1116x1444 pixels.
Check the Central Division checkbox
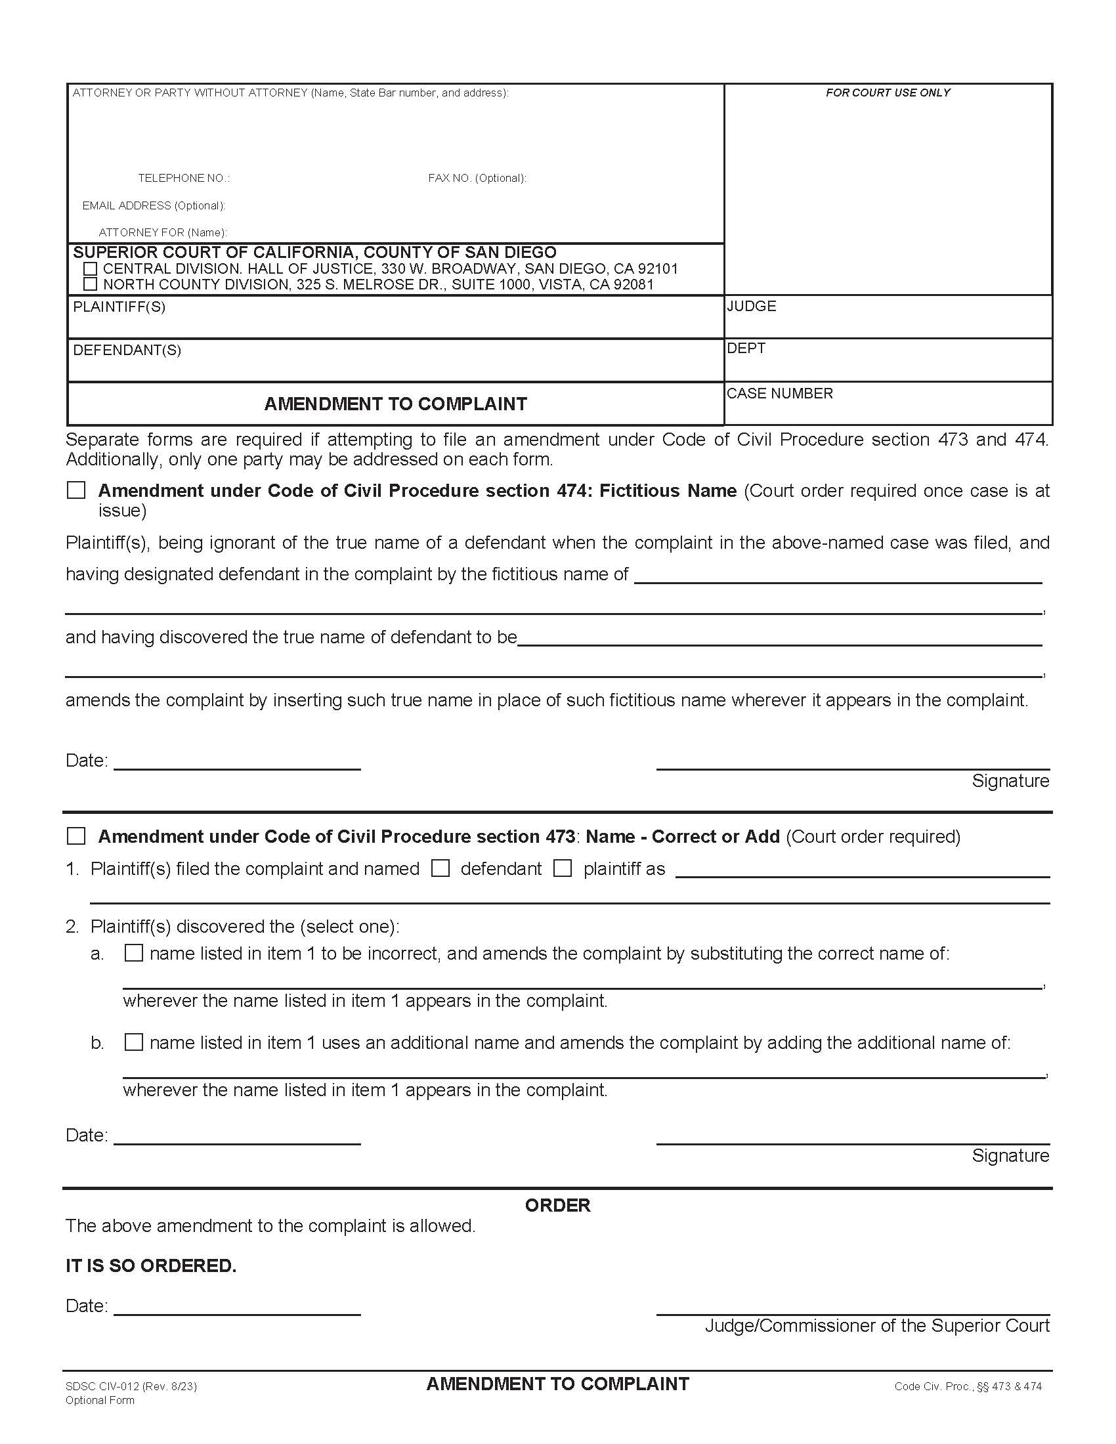point(91,269)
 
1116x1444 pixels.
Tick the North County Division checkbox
point(91,284)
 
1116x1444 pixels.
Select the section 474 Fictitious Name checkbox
point(77,490)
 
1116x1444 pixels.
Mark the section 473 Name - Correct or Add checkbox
point(77,836)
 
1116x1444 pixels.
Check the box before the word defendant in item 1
point(440,868)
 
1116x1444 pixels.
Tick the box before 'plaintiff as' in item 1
point(563,868)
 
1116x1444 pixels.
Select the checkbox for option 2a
point(134,953)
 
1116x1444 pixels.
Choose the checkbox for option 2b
point(134,1042)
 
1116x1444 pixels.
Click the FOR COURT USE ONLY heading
point(888,93)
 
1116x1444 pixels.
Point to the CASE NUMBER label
point(779,393)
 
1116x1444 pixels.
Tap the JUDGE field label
point(752,306)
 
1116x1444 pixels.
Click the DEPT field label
point(746,349)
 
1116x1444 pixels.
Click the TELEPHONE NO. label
point(184,179)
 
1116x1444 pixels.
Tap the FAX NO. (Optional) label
point(477,179)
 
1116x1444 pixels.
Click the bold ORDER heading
point(557,1205)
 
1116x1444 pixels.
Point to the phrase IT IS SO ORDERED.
point(151,1265)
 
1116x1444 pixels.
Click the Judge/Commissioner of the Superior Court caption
point(876,1326)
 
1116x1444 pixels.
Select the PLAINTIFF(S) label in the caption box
point(119,307)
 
